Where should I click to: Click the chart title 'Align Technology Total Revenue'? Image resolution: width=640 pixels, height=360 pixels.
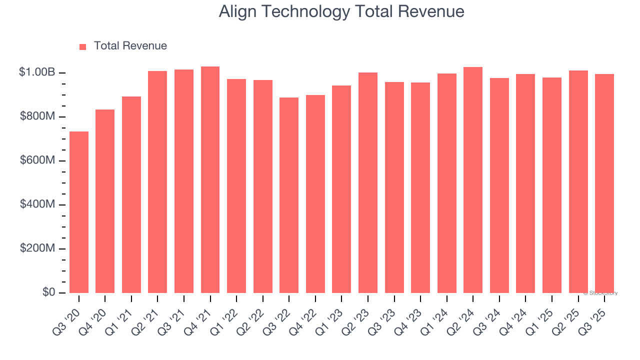tap(341, 11)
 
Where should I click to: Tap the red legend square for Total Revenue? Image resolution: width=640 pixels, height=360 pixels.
tap(83, 46)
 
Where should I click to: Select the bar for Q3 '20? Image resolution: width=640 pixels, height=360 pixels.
tap(79, 212)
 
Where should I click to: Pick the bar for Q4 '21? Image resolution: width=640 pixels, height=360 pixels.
tap(210, 179)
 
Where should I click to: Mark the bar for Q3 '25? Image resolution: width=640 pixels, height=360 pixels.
tap(604, 183)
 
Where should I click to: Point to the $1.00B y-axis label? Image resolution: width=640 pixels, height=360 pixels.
tap(37, 72)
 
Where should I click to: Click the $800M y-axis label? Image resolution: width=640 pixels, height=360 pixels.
tap(38, 116)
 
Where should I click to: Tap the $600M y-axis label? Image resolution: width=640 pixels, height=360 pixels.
tap(38, 160)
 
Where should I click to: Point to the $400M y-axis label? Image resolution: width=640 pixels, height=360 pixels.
tap(38, 204)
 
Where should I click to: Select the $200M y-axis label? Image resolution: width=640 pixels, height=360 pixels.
tap(38, 248)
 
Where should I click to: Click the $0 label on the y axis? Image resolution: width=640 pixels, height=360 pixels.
tap(48, 292)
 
